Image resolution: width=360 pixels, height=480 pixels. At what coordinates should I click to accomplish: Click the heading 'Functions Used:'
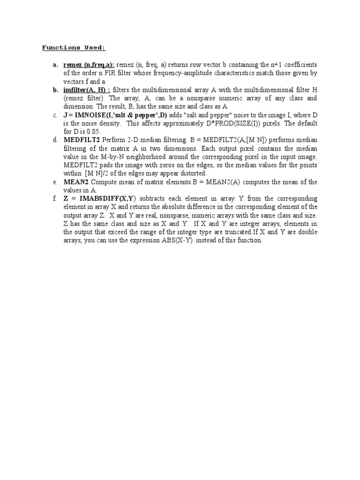point(74,47)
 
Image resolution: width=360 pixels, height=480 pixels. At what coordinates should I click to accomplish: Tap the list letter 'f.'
point(55,199)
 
